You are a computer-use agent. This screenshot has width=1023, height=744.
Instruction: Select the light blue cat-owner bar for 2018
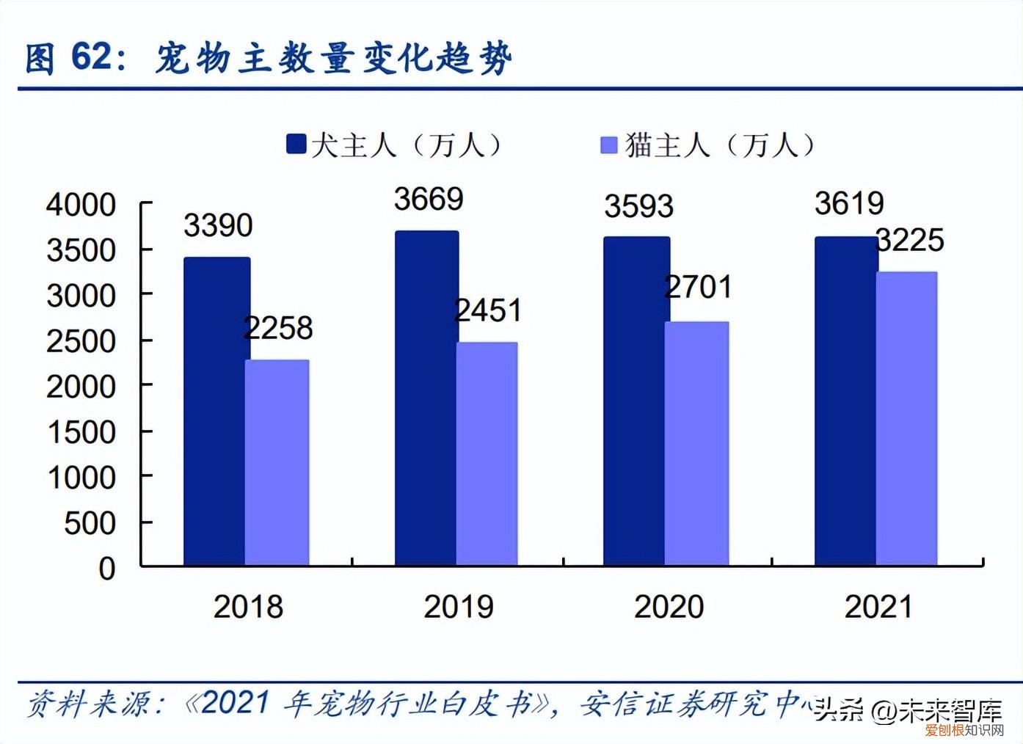click(277, 462)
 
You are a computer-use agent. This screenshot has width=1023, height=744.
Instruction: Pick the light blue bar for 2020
click(696, 443)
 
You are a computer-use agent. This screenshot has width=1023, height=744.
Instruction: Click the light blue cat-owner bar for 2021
click(907, 418)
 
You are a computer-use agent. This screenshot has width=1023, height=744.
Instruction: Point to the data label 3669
click(429, 200)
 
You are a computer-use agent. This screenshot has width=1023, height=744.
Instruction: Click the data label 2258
click(278, 328)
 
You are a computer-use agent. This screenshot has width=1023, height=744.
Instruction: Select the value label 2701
click(698, 287)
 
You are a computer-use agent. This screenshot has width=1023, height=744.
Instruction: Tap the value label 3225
click(910, 241)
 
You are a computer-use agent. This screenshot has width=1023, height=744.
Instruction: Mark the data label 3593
click(638, 207)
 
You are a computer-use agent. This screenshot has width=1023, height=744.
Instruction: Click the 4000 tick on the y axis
click(81, 205)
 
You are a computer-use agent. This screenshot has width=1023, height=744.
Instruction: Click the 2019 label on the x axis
click(459, 607)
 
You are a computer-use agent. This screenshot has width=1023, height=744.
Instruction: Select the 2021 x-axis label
click(878, 607)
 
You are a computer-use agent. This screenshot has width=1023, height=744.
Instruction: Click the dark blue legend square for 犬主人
click(296, 144)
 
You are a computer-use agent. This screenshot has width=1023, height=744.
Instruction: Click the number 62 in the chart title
click(92, 57)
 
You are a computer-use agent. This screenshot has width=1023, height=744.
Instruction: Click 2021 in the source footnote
click(235, 703)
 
